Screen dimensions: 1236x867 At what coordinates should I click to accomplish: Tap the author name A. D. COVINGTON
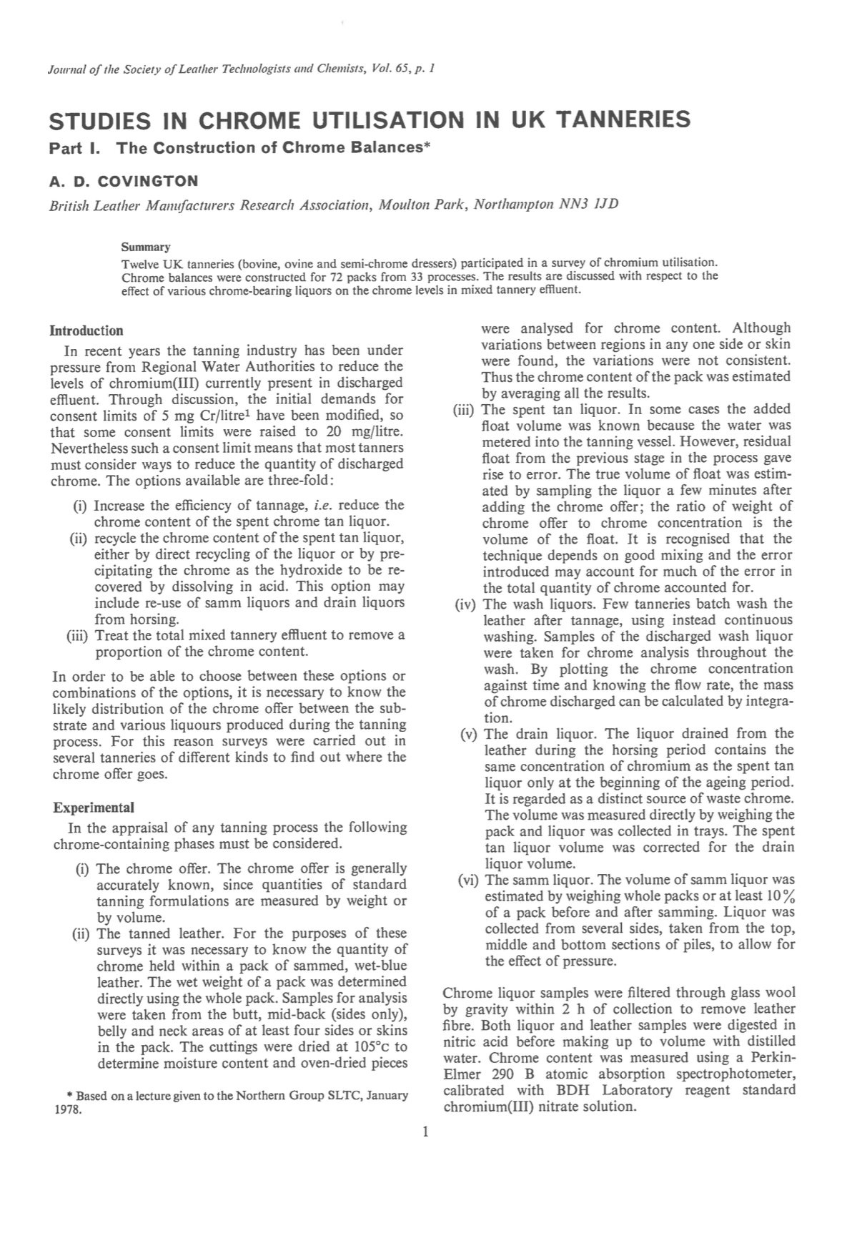(124, 181)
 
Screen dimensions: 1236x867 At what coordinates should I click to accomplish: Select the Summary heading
(146, 247)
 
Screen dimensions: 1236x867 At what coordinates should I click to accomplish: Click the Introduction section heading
(86, 330)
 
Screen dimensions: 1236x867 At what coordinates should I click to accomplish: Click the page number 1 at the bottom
(425, 1132)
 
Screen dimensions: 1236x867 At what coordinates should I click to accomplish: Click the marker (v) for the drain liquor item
(469, 734)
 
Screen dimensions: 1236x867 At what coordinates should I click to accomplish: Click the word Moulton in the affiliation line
(403, 205)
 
